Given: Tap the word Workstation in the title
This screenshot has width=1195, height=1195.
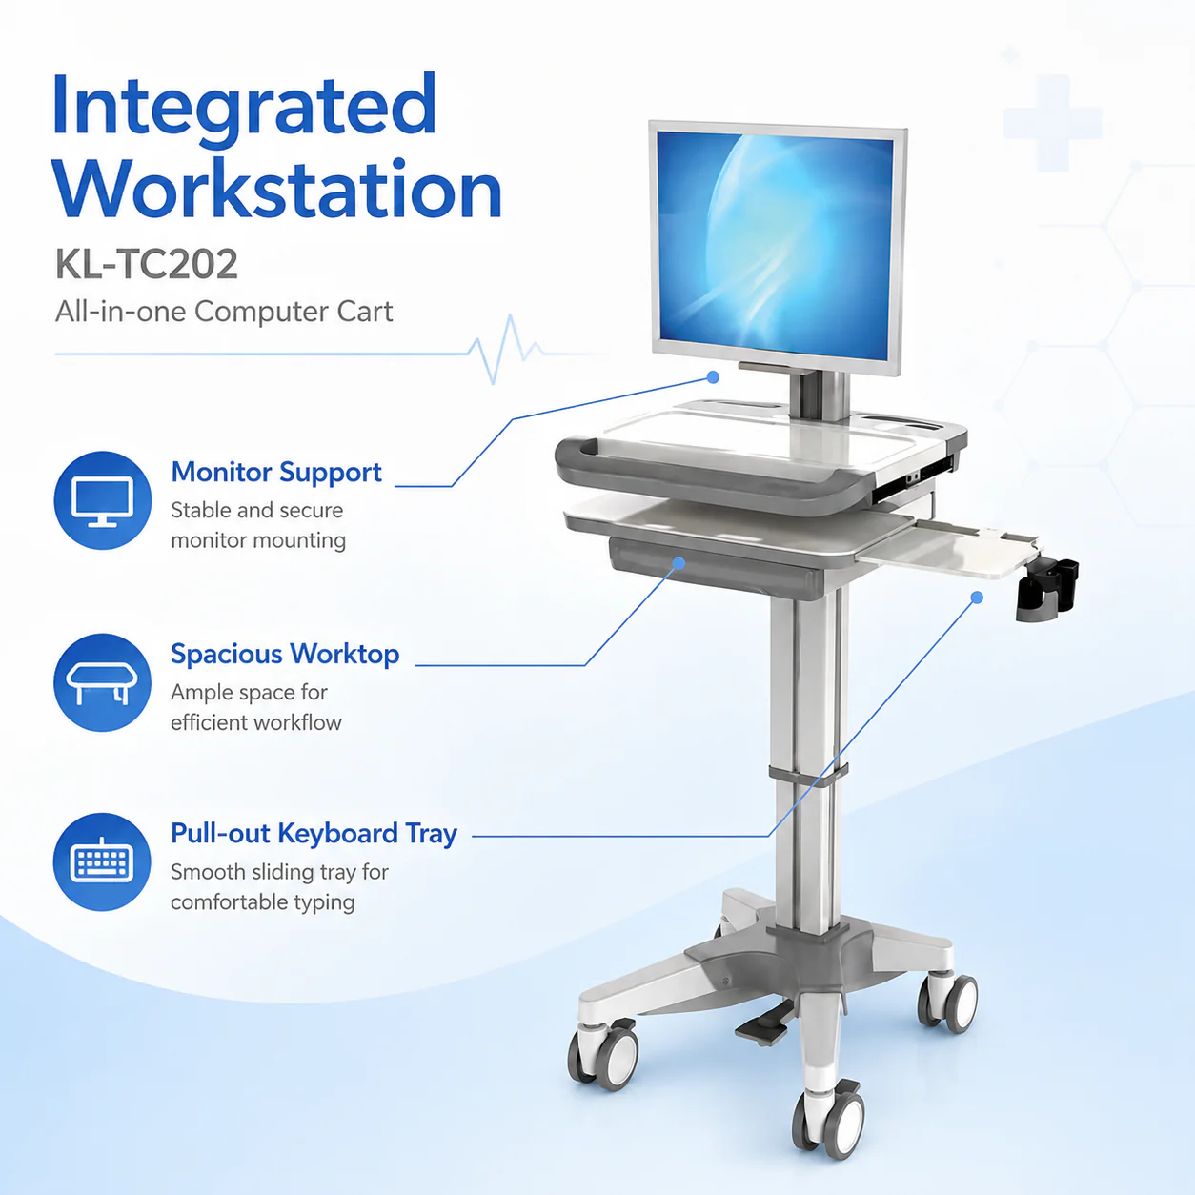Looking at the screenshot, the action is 278,188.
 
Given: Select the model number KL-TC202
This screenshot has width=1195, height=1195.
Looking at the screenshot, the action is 147,264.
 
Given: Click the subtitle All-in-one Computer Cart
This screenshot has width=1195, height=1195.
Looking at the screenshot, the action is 224,312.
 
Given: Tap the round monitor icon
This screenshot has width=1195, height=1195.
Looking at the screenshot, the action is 102,500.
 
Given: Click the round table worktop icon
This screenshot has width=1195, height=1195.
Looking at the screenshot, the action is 102,682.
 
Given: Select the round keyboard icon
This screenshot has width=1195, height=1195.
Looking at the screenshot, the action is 102,862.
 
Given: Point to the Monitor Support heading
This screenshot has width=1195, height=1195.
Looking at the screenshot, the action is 276,473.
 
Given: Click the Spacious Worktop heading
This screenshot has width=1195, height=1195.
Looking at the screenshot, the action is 285,654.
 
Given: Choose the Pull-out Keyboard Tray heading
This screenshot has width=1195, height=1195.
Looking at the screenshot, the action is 314,834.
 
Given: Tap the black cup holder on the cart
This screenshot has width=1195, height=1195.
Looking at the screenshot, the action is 1046,588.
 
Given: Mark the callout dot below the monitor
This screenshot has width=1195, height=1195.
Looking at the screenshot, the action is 713,377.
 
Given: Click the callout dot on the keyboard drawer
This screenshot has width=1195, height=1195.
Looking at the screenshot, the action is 679,563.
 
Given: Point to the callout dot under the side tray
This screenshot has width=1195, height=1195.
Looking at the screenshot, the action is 978,597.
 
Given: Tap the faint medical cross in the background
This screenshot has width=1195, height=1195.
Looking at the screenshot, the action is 1053,123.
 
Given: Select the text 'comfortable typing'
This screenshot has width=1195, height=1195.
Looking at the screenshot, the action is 262,902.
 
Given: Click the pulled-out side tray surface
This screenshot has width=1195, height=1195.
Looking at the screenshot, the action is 949,550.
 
